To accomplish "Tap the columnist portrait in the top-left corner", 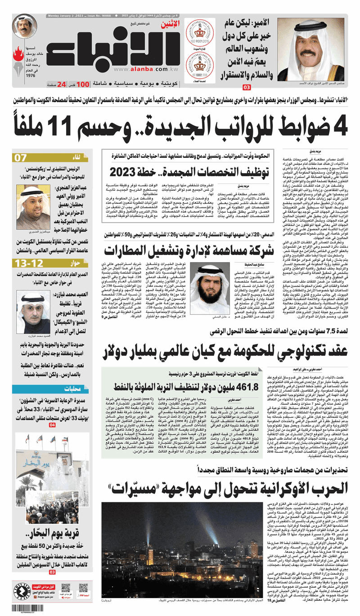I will (x=24, y=27).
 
